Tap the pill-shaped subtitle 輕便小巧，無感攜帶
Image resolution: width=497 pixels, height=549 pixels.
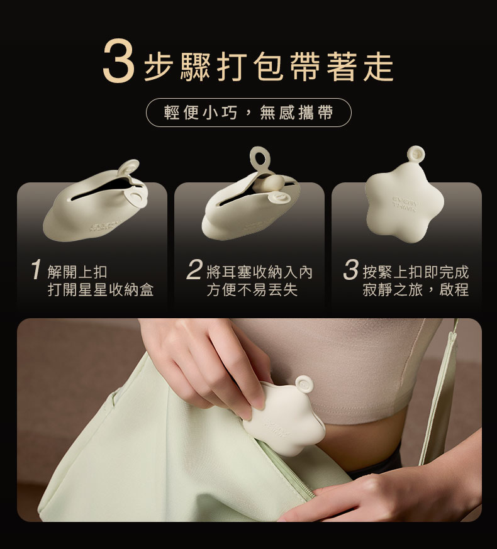248,113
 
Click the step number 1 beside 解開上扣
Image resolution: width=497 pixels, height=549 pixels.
36,270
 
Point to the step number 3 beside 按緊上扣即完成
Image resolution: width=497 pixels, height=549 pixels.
350,270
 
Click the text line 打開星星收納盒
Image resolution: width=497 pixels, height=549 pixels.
101,290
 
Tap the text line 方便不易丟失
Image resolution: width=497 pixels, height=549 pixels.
252,290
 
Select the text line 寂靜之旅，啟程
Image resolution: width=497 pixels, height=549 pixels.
415,290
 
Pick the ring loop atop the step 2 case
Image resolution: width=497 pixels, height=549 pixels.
261,160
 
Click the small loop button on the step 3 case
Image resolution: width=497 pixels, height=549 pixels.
416,155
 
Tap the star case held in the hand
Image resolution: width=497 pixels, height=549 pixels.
283,419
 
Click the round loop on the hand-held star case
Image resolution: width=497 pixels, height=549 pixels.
304,385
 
